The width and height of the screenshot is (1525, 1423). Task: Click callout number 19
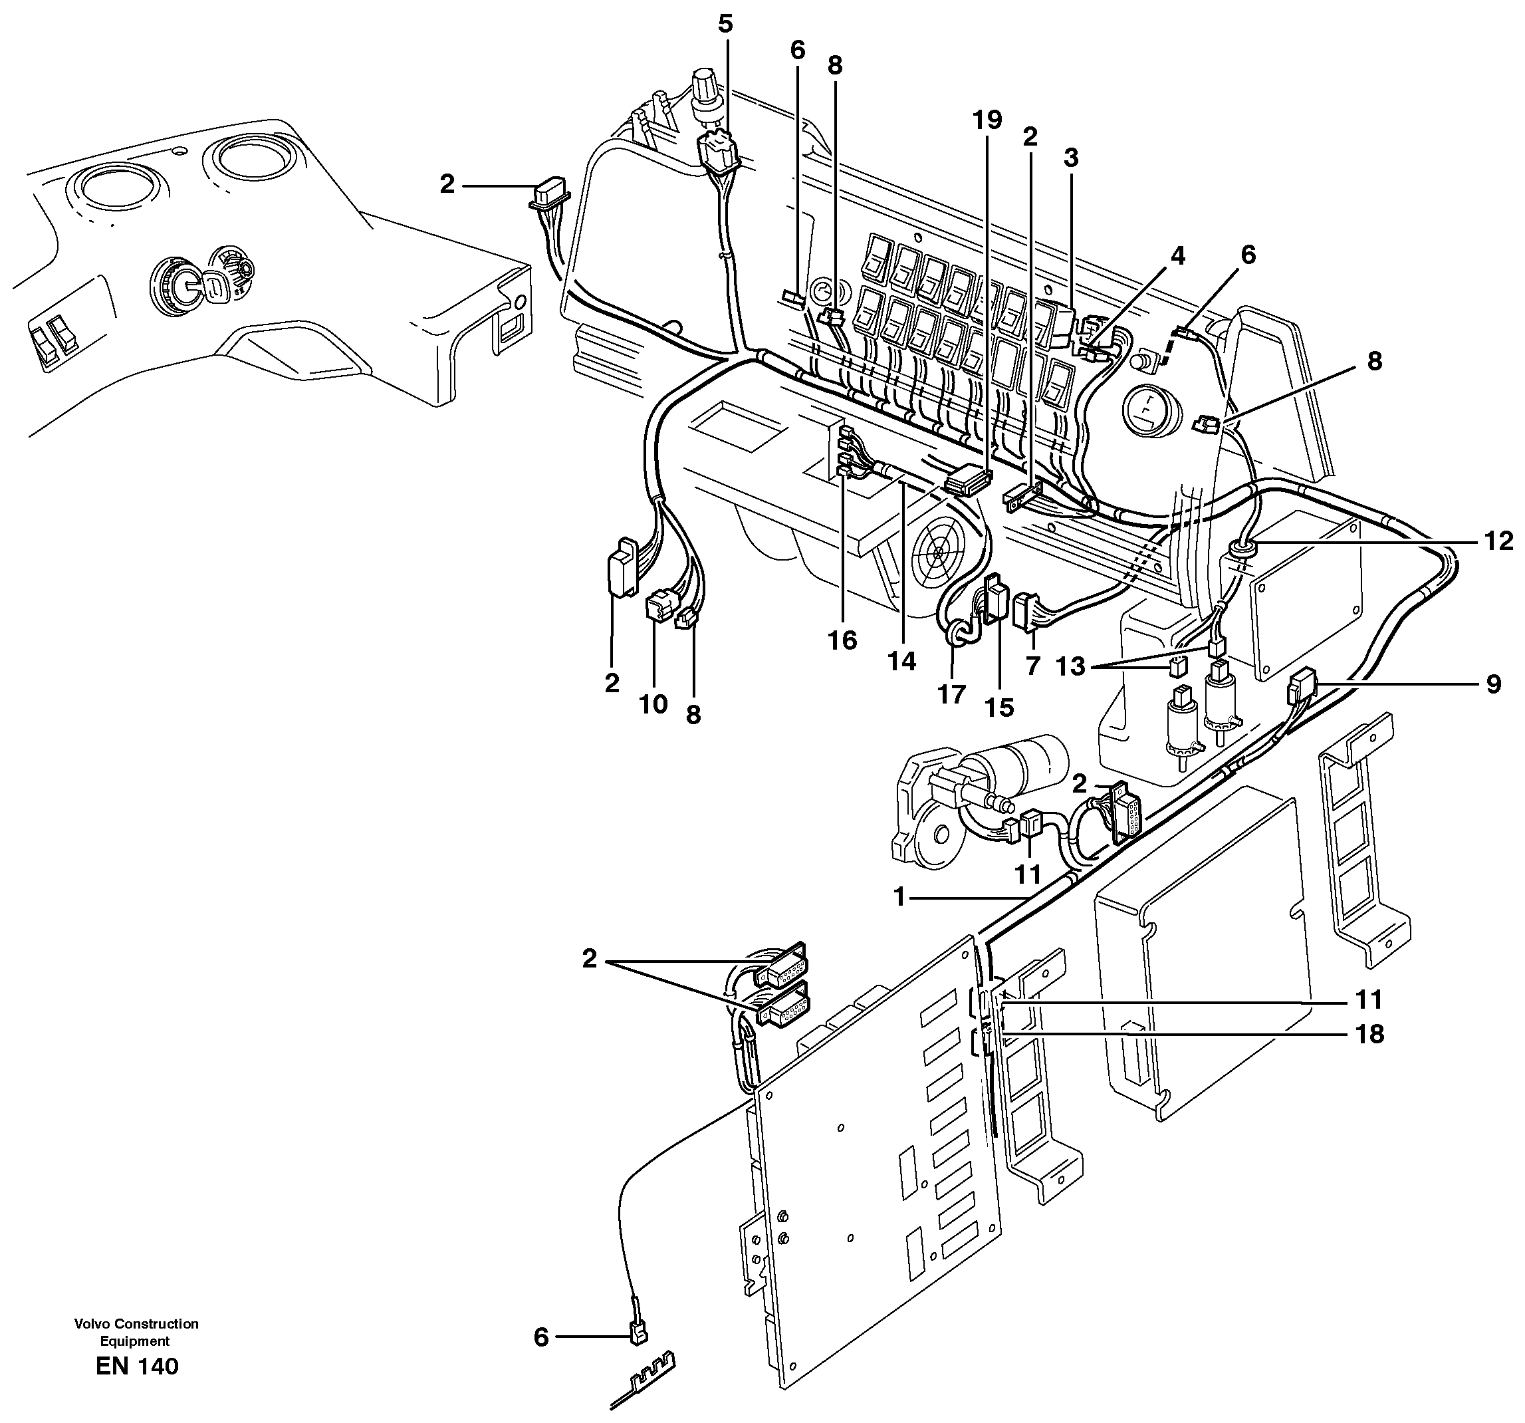pos(987,120)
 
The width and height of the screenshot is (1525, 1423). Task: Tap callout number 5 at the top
pos(725,24)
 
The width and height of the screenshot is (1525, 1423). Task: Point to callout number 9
pos(1494,684)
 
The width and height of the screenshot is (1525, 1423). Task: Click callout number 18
pos(1369,1035)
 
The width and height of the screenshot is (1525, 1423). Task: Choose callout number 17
pos(951,694)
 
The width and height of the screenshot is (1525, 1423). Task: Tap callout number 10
pos(653,704)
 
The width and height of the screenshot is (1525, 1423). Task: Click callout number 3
pos(1071,158)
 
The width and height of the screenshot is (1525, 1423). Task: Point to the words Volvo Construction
pos(136,1323)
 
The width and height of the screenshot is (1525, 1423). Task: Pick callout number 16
pos(842,640)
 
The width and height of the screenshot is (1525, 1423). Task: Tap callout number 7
pos(1032,666)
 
